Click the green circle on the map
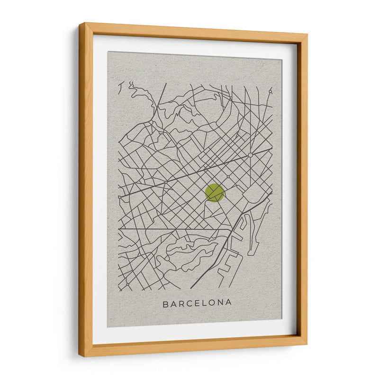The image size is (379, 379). coord(215,193)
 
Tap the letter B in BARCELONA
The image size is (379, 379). coord(166,303)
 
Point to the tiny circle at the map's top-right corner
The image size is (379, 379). coord(271,90)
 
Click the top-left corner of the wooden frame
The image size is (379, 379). coord(80,24)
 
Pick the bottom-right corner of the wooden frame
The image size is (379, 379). coord(306,343)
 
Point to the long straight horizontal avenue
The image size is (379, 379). coord(175,229)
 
